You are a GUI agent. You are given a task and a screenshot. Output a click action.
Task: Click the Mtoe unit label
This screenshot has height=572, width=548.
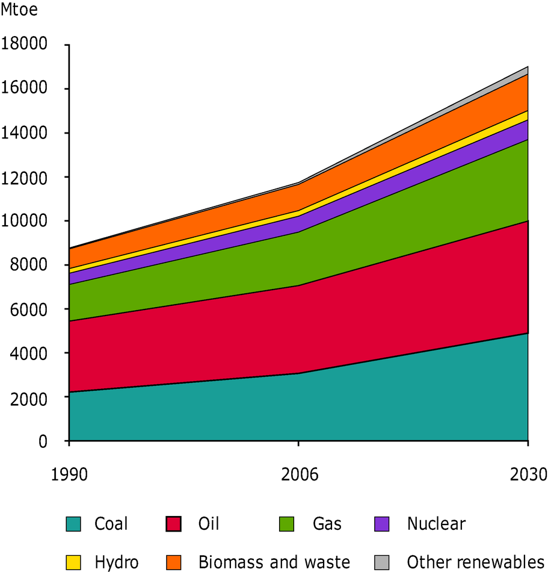[x=20, y=11]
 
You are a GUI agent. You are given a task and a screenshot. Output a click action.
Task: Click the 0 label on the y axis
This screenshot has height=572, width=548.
[x=41, y=441]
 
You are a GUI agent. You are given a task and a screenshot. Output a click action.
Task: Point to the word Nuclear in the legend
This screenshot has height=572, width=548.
[x=436, y=524]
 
